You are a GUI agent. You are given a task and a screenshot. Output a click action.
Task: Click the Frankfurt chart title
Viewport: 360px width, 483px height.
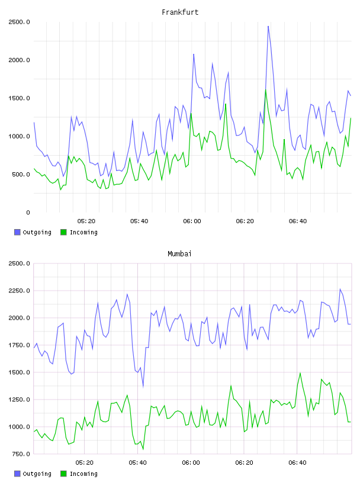[x=180, y=12]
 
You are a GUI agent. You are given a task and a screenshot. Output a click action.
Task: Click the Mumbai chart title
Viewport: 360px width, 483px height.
[x=179, y=253]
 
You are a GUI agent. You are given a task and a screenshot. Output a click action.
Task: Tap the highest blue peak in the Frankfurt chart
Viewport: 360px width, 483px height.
[x=268, y=27]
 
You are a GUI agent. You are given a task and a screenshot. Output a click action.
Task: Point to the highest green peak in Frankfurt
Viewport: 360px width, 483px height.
[x=266, y=90]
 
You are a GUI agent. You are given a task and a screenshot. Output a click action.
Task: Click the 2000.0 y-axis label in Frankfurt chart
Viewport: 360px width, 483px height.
[x=19, y=60]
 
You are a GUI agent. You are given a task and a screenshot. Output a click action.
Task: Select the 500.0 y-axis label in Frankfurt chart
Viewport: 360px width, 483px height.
[x=21, y=175]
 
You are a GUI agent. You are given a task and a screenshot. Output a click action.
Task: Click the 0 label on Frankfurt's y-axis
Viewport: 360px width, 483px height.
[x=28, y=212]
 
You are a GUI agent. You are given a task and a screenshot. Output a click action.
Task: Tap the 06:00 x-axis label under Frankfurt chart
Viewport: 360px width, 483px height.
[x=192, y=221]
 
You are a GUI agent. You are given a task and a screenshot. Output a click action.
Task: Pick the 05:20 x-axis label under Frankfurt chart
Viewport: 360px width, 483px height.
[x=86, y=221]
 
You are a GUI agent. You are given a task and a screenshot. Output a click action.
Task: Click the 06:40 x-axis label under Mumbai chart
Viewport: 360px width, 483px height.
[x=297, y=463]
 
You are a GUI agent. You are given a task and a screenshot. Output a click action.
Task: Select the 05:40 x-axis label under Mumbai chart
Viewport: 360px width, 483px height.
[x=138, y=463]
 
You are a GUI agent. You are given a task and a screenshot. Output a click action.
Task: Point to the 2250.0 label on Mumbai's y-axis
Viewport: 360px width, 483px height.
[x=19, y=291]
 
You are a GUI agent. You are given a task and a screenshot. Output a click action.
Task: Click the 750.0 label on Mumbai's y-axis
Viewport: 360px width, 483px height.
[x=21, y=454]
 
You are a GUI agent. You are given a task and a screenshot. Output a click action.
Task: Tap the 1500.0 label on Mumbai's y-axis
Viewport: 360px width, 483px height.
[x=19, y=372]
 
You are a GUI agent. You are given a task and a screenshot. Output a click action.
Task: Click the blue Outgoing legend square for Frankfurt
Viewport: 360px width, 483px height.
[x=17, y=232]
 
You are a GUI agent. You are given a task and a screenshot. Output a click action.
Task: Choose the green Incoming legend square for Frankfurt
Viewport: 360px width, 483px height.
[x=63, y=232]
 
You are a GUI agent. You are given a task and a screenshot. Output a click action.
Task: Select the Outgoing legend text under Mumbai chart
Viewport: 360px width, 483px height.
[x=37, y=474]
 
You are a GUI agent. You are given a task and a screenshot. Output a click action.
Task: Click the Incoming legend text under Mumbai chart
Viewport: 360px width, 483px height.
[x=83, y=474]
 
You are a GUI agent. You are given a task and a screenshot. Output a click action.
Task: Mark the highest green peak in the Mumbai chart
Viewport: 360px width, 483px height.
[x=300, y=373]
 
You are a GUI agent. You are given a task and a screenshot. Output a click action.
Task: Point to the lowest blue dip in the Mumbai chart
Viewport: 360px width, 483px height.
[x=143, y=387]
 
